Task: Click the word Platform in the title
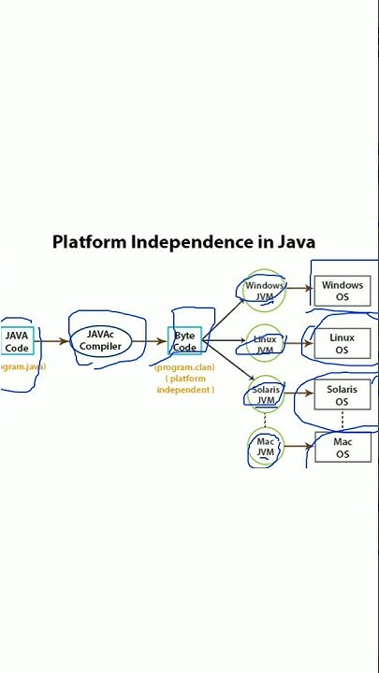click(x=89, y=243)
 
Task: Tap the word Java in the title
click(x=296, y=243)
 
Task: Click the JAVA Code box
click(x=17, y=341)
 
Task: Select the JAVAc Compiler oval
click(x=100, y=340)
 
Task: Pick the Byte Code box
click(x=184, y=341)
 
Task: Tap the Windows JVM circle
click(x=265, y=291)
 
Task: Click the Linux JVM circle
click(x=265, y=344)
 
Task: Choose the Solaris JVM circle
click(x=266, y=394)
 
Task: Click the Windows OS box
click(x=342, y=291)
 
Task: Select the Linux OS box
click(x=342, y=344)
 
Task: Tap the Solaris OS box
click(x=342, y=394)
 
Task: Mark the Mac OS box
click(x=342, y=448)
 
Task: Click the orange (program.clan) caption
click(x=184, y=367)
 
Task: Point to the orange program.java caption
click(x=21, y=367)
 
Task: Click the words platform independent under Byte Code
click(x=184, y=384)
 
